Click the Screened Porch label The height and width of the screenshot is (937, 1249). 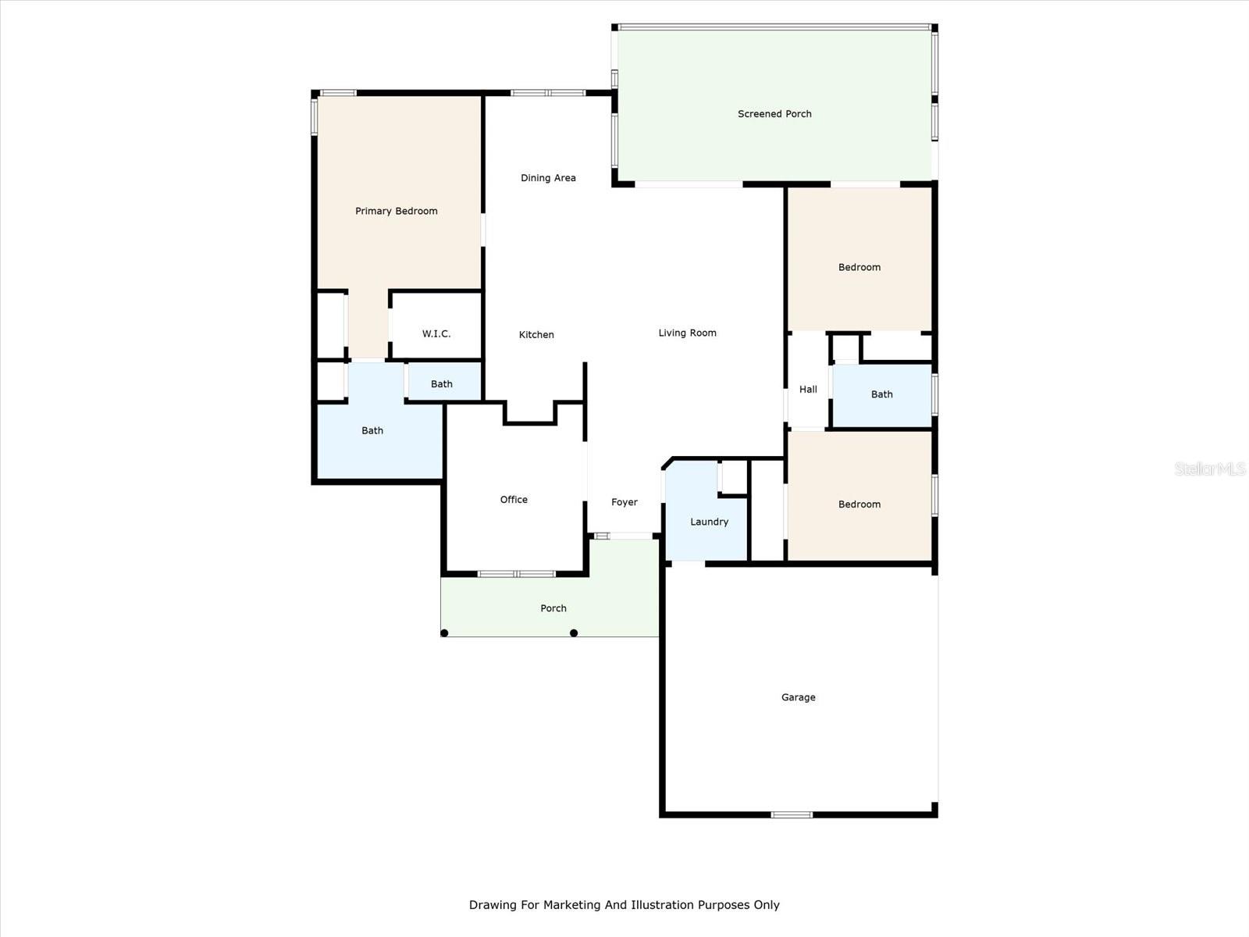(x=774, y=114)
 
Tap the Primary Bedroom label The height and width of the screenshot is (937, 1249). (x=396, y=211)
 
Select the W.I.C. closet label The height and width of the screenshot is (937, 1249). (x=436, y=333)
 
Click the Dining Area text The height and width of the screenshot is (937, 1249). (x=548, y=178)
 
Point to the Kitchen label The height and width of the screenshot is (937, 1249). (x=536, y=335)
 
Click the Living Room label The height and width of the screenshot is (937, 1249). (x=687, y=333)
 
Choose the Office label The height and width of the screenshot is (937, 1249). (x=514, y=500)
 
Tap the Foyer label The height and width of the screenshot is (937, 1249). (x=624, y=502)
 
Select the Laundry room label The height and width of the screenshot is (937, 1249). (x=709, y=522)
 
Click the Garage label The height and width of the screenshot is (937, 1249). (x=798, y=697)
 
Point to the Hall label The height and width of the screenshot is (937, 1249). (x=808, y=389)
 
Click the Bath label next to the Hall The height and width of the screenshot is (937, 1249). (x=881, y=394)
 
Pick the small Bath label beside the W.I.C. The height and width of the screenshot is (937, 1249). (x=441, y=384)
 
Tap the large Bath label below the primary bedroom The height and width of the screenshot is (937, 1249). (x=372, y=430)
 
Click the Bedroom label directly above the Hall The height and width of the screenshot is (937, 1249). (x=859, y=267)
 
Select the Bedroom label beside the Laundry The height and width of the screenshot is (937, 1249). (x=859, y=504)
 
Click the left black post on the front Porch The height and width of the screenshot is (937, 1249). (x=444, y=633)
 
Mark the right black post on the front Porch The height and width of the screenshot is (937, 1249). (x=574, y=633)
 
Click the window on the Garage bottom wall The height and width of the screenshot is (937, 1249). (x=792, y=815)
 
